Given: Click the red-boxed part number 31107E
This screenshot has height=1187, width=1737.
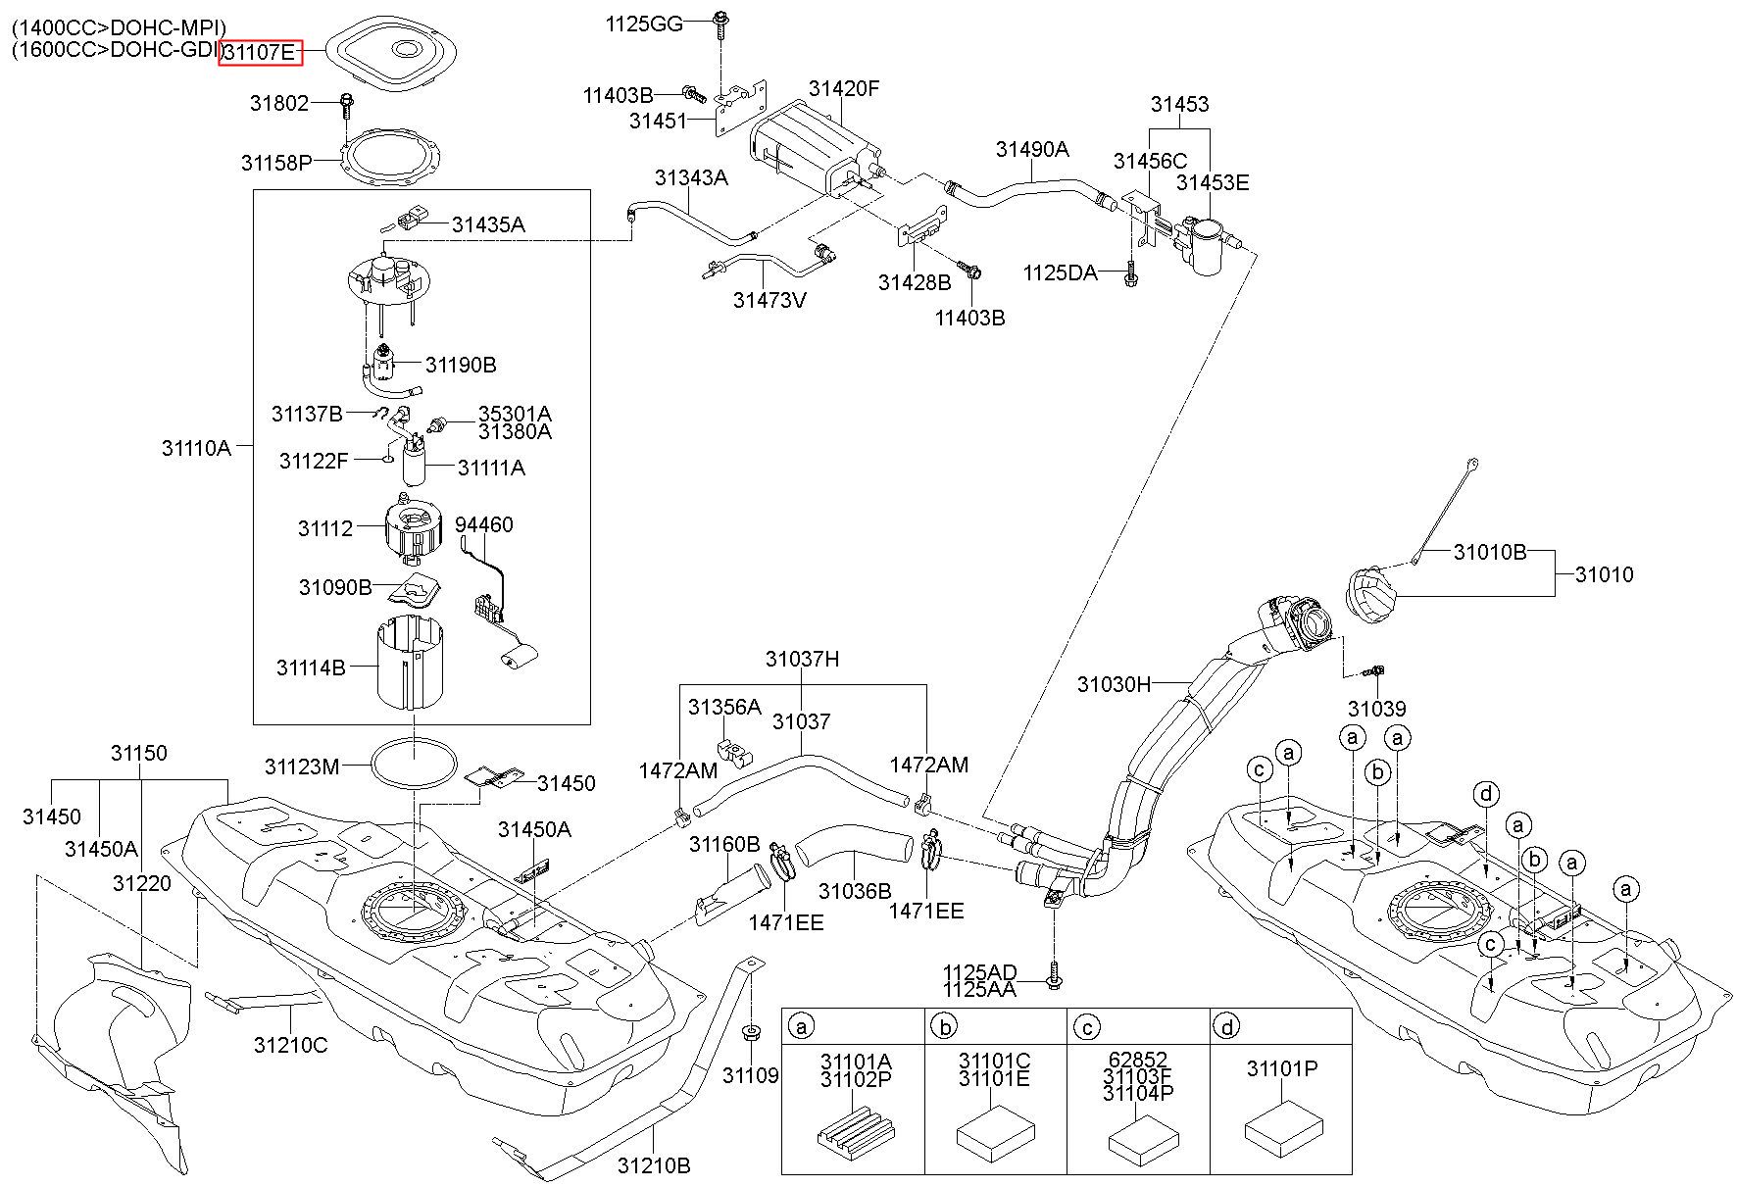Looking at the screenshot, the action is coord(259,52).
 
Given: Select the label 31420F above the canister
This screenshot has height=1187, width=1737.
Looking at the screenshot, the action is coord(844,88).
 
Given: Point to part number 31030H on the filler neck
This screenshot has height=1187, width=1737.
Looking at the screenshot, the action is coord(1114,684).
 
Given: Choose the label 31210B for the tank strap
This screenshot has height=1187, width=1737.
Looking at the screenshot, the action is coord(654,1165).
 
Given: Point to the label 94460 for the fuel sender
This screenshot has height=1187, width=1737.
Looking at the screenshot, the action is coord(484,524).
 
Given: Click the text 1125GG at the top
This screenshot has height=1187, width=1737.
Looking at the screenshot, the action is coord(644,24).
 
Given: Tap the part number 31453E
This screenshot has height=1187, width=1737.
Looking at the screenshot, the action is coord(1214,182).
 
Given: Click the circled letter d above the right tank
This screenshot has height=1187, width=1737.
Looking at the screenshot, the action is coord(1486,793).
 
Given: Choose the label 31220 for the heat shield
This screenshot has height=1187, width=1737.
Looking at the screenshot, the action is coord(141,883).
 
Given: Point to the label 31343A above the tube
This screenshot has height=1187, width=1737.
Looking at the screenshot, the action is coord(691,177).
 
